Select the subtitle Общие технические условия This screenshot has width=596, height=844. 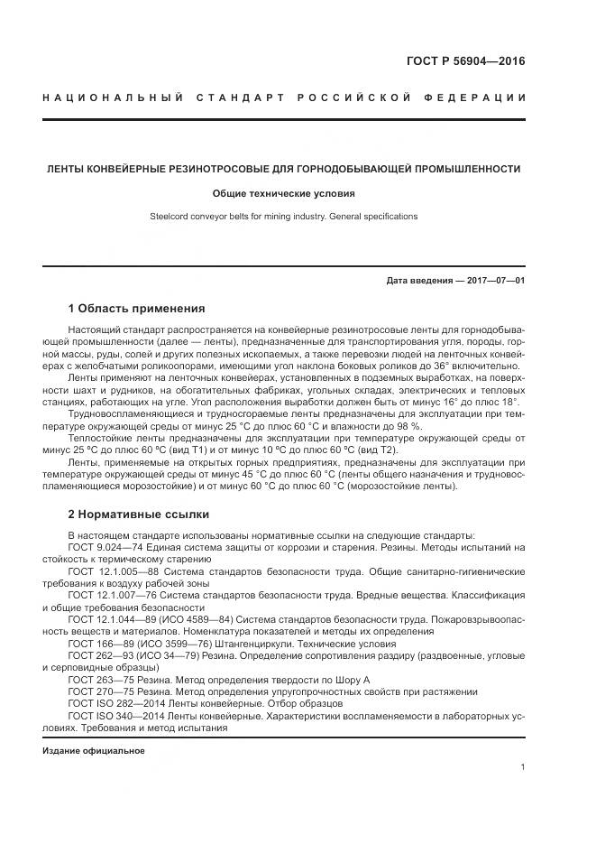[284, 193]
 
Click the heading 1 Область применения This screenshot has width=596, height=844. [136, 308]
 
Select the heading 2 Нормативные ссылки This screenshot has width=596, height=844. [138, 515]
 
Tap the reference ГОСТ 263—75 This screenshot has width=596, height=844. [103, 679]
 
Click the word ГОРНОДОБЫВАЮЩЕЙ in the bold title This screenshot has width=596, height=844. [354, 169]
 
